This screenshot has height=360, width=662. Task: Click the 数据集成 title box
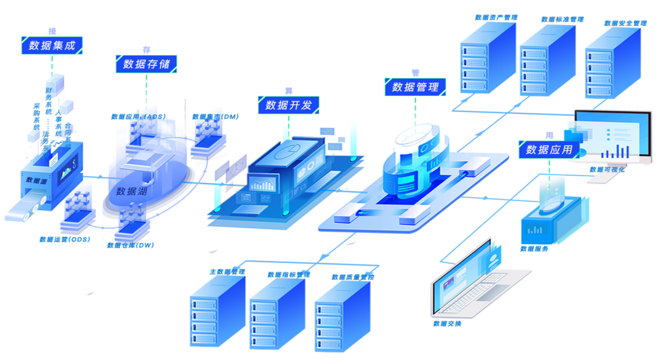(x=52, y=46)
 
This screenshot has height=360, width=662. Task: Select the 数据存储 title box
(x=146, y=63)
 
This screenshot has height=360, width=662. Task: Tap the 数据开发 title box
(x=288, y=105)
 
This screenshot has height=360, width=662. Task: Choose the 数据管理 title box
(x=415, y=87)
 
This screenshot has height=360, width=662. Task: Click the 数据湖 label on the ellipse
(x=131, y=191)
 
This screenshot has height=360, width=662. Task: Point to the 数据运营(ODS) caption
(x=65, y=239)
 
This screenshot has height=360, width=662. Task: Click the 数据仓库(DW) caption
(x=131, y=245)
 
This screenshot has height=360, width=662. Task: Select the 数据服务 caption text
(x=534, y=249)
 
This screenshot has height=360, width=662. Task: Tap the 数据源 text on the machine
(x=37, y=180)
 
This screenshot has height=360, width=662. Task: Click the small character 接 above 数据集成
(x=52, y=30)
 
